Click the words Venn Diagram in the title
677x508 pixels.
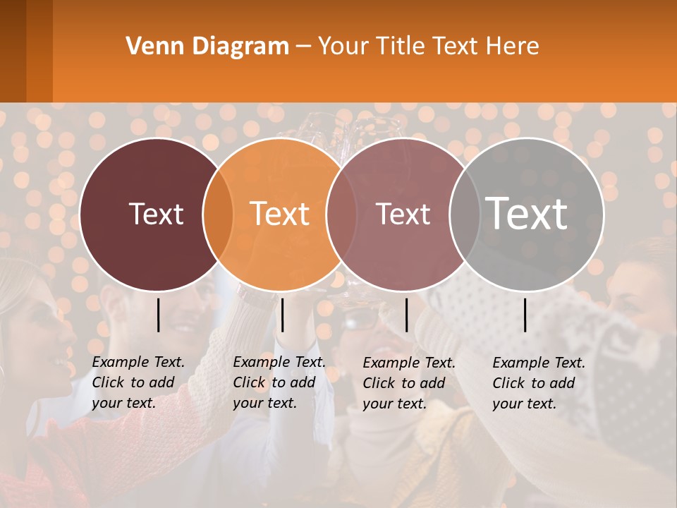tap(207, 47)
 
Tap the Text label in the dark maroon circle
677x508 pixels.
tap(156, 214)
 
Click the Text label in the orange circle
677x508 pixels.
tap(280, 214)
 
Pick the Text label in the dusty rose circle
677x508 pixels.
tap(403, 214)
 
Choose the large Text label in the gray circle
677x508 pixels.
tap(527, 213)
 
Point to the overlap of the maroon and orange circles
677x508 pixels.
tap(218, 214)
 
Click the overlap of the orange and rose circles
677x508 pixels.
tap(341, 214)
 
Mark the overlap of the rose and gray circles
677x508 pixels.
tap(463, 214)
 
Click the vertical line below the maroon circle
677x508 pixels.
tap(159, 315)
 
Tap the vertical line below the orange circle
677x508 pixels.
tap(282, 315)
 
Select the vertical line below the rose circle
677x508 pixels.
tap(406, 315)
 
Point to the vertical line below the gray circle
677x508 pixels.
tap(525, 315)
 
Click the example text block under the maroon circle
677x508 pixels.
tap(138, 382)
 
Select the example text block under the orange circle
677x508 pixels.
tap(279, 382)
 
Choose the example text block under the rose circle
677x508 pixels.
tap(409, 383)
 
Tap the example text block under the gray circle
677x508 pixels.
tap(539, 383)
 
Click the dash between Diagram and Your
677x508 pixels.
tap(303, 47)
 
